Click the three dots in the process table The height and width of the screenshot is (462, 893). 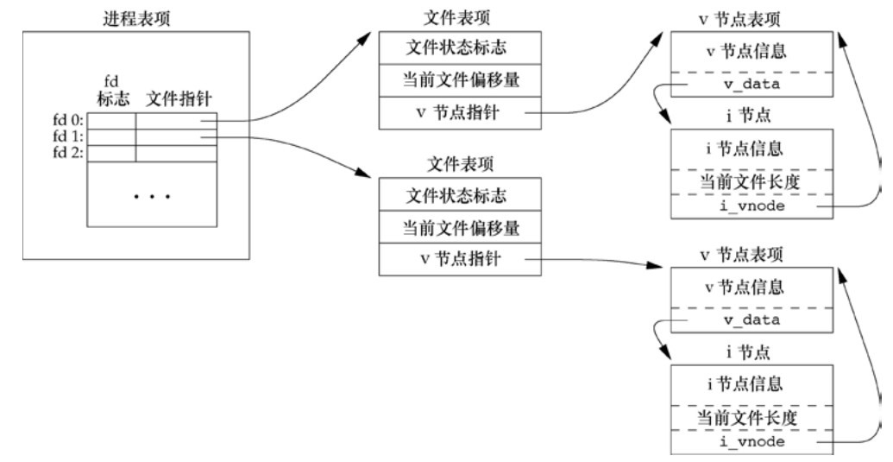click(152, 196)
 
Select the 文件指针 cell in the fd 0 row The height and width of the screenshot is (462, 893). click(176, 121)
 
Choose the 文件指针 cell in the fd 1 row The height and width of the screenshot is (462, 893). click(176, 137)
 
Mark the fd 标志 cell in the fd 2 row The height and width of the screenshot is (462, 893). click(112, 153)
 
